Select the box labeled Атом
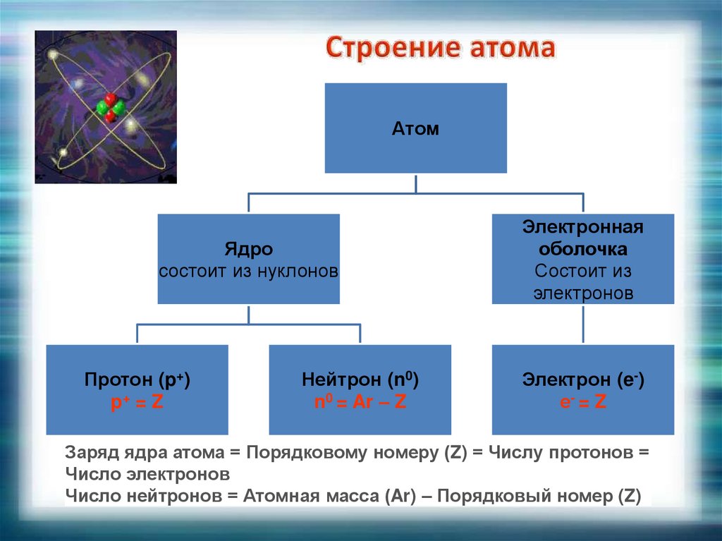pos(415,128)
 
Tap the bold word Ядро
pos(248,250)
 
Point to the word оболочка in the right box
pos(583,249)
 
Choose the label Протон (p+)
pos(137,380)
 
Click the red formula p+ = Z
pos(137,403)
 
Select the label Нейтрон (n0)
pos(360,380)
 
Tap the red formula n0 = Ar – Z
pos(360,403)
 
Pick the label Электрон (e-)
pos(583,380)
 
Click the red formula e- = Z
pos(583,403)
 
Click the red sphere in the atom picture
pos(109,99)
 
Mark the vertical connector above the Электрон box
pos(583,324)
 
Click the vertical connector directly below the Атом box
pos(415,183)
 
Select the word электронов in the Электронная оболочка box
pos(583,292)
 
